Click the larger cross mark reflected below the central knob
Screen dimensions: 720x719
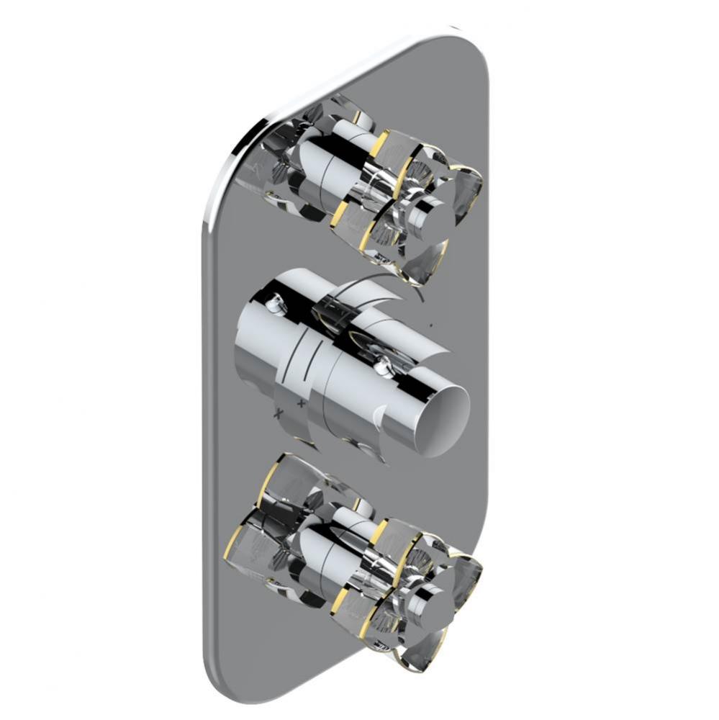(x=277, y=415)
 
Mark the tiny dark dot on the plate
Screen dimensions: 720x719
(x=430, y=326)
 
